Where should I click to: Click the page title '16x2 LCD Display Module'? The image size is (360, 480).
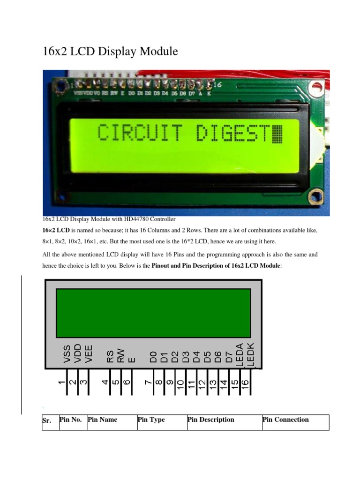point(110,52)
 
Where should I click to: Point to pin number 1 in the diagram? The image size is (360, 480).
point(61,383)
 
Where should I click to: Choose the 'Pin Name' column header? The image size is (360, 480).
point(102,420)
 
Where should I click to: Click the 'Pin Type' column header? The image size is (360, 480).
point(151,420)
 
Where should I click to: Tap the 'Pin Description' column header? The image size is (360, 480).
point(211,420)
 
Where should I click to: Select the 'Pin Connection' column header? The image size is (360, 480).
point(286,420)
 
